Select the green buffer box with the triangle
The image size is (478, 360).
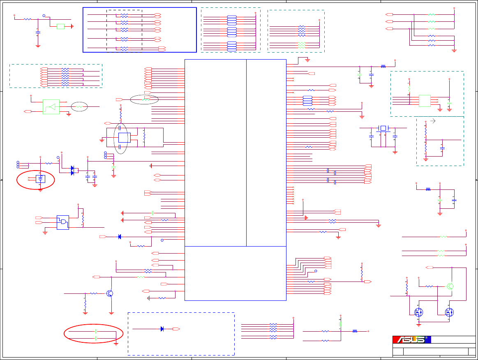51,107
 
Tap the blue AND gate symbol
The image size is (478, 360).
63,222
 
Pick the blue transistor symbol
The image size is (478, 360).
110,293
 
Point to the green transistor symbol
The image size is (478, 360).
450,286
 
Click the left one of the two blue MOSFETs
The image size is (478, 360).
418,312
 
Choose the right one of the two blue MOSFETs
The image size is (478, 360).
449,312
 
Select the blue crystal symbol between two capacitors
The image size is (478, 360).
383,128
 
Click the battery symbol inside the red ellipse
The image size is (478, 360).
40,179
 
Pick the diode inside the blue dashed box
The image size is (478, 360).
162,329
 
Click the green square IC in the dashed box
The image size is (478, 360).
425,101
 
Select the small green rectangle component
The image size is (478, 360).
61,26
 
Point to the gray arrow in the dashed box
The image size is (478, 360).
432,121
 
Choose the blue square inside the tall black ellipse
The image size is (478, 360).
124,138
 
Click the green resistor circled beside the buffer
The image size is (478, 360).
79,107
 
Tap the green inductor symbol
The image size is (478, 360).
340,324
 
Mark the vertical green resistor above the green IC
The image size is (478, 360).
409,88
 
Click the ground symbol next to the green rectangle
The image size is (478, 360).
72,26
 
